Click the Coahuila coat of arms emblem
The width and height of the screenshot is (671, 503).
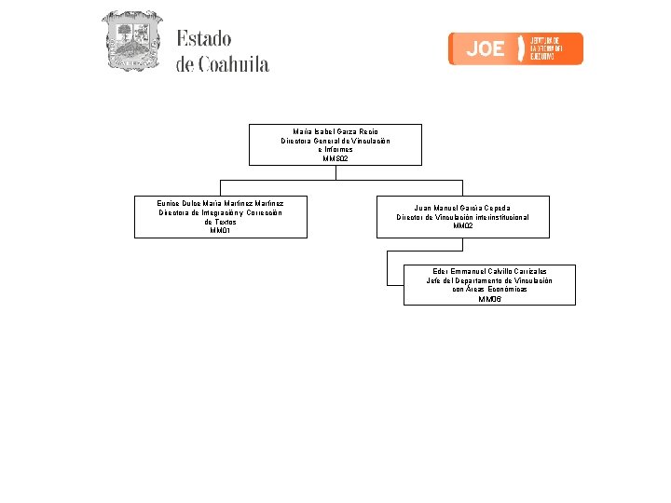[x=131, y=42]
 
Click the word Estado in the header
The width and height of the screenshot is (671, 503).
[x=203, y=39]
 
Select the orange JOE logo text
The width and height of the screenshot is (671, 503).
[x=485, y=48]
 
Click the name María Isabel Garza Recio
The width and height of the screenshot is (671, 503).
[x=335, y=131]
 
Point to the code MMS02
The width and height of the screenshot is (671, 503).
[x=335, y=159]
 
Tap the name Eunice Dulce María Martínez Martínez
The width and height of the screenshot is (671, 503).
[x=221, y=202]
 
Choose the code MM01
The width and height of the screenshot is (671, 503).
[x=221, y=231]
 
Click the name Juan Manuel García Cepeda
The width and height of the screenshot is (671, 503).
[x=463, y=208]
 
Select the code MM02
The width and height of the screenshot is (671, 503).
[x=463, y=226]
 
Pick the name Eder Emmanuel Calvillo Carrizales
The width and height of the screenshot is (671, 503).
[x=489, y=271]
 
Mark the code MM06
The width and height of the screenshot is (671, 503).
[x=489, y=299]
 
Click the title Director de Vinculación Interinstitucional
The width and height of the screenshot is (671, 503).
[x=463, y=217]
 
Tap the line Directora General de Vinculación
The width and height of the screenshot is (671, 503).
[x=335, y=141]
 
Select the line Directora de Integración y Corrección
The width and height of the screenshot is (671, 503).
[x=221, y=212]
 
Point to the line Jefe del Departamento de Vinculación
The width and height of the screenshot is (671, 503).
[x=489, y=280]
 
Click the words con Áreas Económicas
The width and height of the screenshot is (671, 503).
[x=489, y=290]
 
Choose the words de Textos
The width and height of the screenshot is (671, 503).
[x=221, y=222]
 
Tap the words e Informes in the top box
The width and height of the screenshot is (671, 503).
[x=335, y=150]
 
